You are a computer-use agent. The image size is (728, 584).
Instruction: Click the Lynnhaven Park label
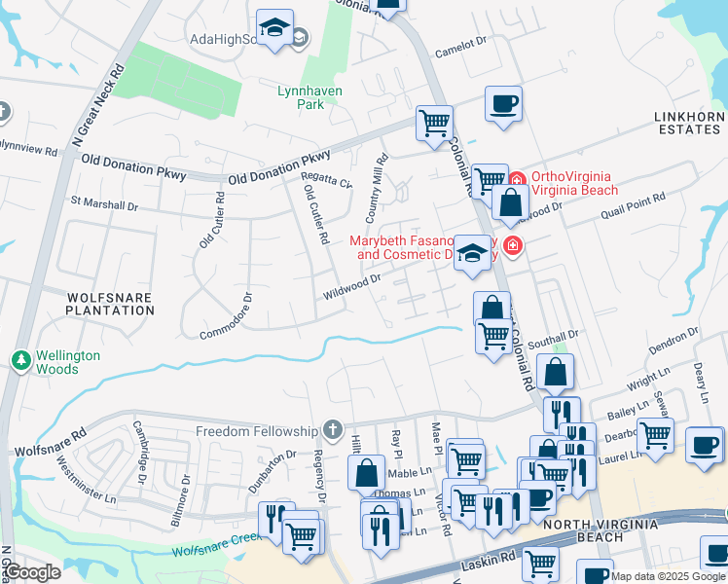point(300,96)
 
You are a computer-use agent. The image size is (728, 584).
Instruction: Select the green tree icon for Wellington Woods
point(20,361)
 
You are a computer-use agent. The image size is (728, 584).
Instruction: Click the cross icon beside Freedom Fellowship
point(333,430)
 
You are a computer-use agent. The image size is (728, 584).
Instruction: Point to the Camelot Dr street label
point(459,45)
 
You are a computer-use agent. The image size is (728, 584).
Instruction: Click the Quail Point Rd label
point(632,199)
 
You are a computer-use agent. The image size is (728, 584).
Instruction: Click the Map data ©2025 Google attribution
point(668,576)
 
